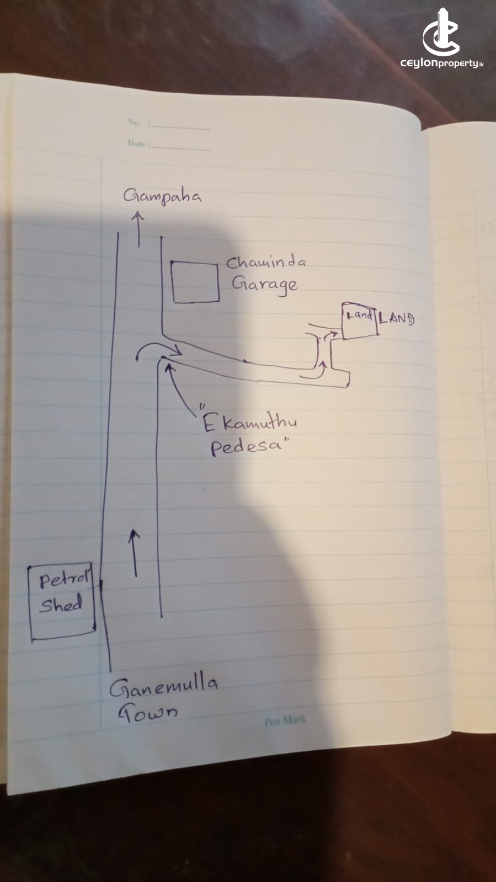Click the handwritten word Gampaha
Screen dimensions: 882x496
click(x=162, y=196)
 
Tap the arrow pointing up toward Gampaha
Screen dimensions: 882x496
click(x=138, y=230)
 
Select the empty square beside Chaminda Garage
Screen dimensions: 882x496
click(x=195, y=282)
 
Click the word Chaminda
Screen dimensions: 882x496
click(x=265, y=263)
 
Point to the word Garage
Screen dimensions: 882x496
click(x=264, y=285)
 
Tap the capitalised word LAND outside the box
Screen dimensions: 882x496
click(x=397, y=318)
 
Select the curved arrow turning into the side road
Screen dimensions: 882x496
click(x=158, y=350)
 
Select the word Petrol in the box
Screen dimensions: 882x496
click(x=62, y=580)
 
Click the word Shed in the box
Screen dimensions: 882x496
click(x=61, y=605)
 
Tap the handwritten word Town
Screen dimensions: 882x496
click(x=148, y=714)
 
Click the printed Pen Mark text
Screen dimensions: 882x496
click(x=284, y=721)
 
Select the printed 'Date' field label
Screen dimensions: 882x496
click(x=136, y=143)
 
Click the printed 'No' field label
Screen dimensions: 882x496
click(x=134, y=122)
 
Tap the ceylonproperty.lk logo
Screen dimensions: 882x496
click(x=442, y=39)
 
